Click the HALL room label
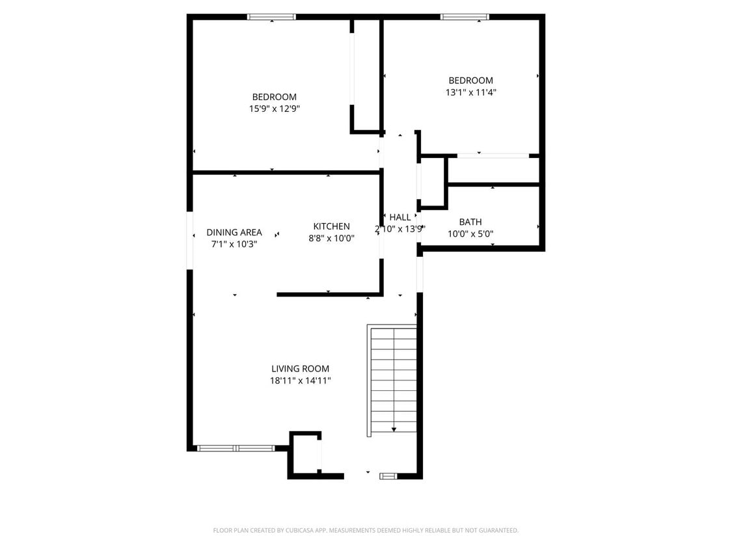coord(400,217)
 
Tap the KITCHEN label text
coord(332,226)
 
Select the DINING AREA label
coord(234,232)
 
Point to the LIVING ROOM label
coord(301,369)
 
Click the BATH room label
coord(470,222)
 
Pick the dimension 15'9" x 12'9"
coord(275,109)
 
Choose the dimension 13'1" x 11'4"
coord(471,92)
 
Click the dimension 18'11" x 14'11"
coord(301,381)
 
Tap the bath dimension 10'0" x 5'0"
coord(470,234)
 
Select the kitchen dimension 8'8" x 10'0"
coord(332,239)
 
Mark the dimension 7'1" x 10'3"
coord(234,245)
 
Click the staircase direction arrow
coord(394,429)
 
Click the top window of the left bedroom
coord(271,17)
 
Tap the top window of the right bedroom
coord(465,17)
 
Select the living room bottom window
coord(236,448)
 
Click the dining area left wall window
coord(190,240)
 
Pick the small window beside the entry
coord(388,476)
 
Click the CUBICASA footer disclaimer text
coord(366,531)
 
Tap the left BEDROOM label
coord(275,97)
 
